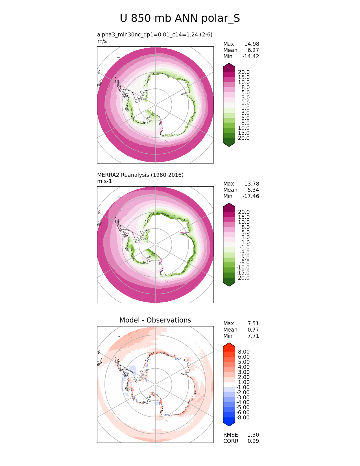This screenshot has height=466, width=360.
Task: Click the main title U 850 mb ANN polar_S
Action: click(x=180, y=19)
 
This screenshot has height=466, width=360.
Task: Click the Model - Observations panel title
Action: click(x=155, y=320)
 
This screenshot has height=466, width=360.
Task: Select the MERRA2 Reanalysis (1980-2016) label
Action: click(x=140, y=175)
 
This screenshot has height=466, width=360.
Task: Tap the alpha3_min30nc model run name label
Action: click(x=155, y=35)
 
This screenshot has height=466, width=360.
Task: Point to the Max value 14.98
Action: click(x=252, y=44)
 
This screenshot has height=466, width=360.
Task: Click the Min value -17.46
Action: click(x=251, y=196)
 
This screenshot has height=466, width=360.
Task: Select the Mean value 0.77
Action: click(x=253, y=330)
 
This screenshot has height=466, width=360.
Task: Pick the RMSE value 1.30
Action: click(x=253, y=435)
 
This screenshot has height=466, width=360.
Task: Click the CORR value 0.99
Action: click(x=253, y=441)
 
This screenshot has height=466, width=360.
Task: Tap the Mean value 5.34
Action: click(x=253, y=190)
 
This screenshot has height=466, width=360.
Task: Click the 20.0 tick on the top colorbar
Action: click(x=244, y=72)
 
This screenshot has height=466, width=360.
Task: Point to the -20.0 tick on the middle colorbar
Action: click(x=243, y=278)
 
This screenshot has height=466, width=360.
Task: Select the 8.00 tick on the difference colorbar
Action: click(x=244, y=352)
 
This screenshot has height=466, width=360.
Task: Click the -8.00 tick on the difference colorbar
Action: click(x=243, y=418)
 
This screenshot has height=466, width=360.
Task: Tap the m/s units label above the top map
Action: click(x=102, y=41)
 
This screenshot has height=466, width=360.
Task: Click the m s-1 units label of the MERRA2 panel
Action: click(x=104, y=181)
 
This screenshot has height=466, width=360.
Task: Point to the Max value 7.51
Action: click(x=253, y=324)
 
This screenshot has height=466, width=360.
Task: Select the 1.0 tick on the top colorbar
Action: click(x=245, y=103)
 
